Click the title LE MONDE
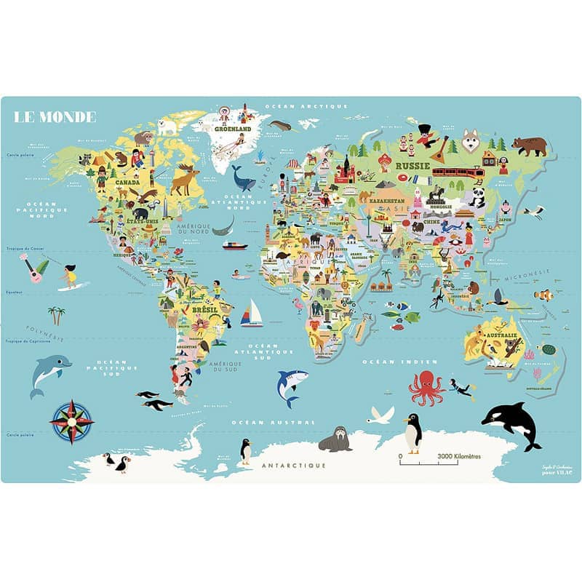pos(55,116)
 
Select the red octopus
pos(426,387)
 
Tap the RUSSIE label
pos(412,165)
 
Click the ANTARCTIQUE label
pos(294,464)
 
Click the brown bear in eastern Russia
pos(529,145)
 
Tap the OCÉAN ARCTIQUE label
pos(306,106)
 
